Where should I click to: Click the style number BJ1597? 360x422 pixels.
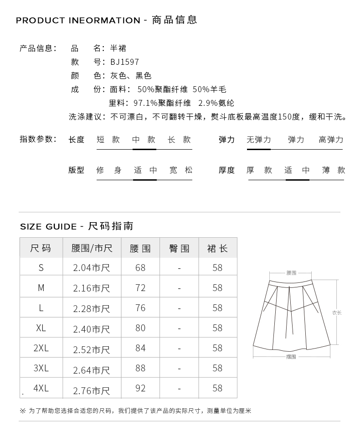pyautogui.click(x=124, y=62)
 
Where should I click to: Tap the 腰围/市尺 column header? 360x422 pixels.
pyautogui.click(x=92, y=249)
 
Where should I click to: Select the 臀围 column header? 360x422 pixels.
pyautogui.click(x=179, y=249)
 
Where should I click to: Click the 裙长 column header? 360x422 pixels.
pyautogui.click(x=217, y=249)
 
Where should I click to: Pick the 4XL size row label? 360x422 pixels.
pyautogui.click(x=41, y=388)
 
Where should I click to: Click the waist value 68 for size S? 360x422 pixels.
pyautogui.click(x=140, y=268)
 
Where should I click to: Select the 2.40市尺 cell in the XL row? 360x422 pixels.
pyautogui.click(x=92, y=328)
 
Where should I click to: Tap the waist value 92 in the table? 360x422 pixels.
pyautogui.click(x=140, y=388)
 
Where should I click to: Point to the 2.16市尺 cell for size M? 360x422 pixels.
pyautogui.click(x=92, y=288)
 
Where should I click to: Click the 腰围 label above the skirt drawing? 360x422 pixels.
pyautogui.click(x=291, y=273)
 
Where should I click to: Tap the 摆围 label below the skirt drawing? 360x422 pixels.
pyautogui.click(x=291, y=357)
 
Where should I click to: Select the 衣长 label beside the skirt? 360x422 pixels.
pyautogui.click(x=337, y=313)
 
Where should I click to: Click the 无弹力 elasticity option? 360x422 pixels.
pyautogui.click(x=259, y=140)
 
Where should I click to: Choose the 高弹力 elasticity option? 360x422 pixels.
pyautogui.click(x=331, y=140)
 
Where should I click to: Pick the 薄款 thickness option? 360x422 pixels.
pyautogui.click(x=334, y=170)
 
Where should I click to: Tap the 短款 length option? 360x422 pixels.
pyautogui.click(x=108, y=140)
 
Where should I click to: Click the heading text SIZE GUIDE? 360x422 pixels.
pyautogui.click(x=48, y=227)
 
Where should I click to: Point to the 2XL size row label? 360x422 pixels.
pyautogui.click(x=41, y=348)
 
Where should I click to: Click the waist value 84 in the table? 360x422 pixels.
pyautogui.click(x=140, y=348)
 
